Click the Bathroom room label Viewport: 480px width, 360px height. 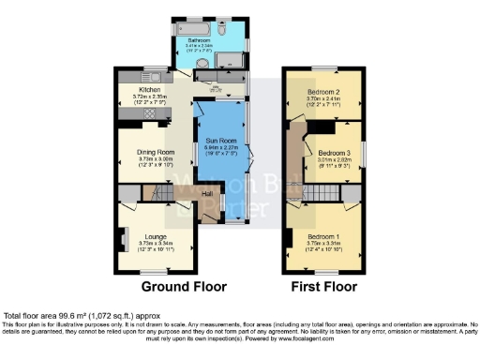(199, 40)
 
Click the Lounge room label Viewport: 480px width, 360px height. (155, 237)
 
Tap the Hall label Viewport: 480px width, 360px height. (207, 194)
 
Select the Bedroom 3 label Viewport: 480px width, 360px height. (334, 153)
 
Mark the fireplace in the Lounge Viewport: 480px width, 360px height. (123, 239)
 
